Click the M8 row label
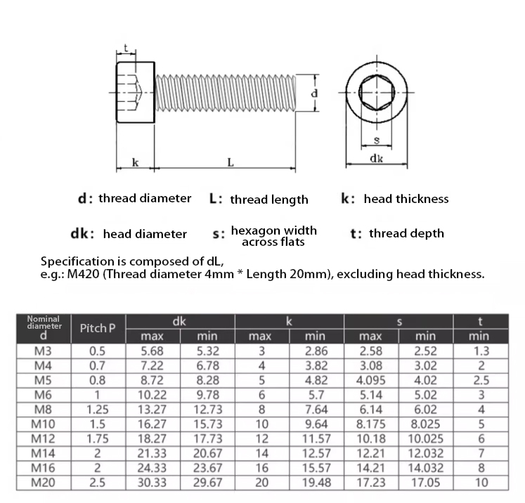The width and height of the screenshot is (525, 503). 43,409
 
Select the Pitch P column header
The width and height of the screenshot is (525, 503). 93,328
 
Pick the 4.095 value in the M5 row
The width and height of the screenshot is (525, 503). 370,380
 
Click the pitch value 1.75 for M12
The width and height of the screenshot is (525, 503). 97,438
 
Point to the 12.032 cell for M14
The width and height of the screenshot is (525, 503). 424,453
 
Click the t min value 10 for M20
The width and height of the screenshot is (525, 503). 481,483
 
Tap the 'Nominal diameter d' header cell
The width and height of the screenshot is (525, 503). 43,328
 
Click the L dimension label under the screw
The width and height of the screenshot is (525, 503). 230,163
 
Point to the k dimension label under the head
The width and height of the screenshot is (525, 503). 135,163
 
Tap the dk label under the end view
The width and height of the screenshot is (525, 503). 376,159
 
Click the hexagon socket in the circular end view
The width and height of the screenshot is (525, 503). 376,92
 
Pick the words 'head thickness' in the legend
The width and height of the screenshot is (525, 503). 406,199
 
